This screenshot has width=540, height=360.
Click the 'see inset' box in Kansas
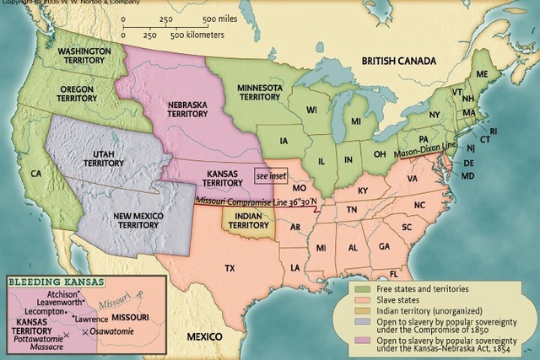(270, 175)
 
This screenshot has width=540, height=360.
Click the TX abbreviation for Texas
(229, 268)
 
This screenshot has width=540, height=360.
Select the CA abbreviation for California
(36, 174)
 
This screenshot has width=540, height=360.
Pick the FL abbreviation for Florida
(393, 273)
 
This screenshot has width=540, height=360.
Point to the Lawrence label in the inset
(91, 320)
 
